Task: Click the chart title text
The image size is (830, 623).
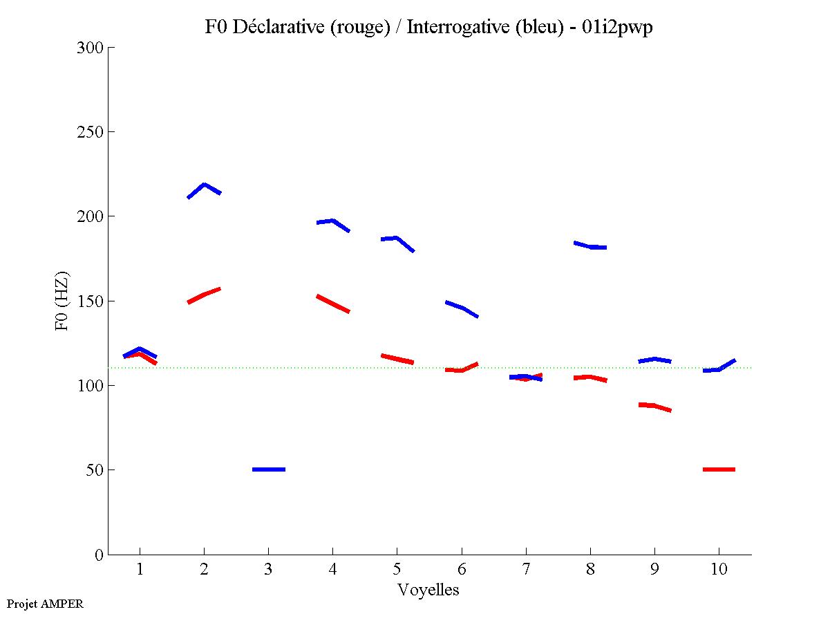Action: pos(428,27)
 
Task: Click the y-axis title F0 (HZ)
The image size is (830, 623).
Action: pos(62,301)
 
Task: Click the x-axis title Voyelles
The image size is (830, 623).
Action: pos(428,590)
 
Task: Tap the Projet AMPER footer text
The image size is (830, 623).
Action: pos(45,604)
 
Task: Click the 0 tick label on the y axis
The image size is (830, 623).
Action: pos(99,555)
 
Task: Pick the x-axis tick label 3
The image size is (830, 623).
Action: pos(268,569)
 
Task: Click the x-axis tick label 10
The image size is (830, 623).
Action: pos(719,569)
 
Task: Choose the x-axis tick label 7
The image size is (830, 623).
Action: pos(526,569)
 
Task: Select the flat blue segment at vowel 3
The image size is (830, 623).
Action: pos(269,469)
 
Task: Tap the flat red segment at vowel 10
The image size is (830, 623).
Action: pos(719,469)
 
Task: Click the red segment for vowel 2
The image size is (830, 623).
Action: pos(204,295)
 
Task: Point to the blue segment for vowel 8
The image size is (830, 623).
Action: pos(590,246)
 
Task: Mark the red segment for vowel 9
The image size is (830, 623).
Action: pos(654,406)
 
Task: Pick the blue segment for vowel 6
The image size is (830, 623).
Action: pos(462,308)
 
